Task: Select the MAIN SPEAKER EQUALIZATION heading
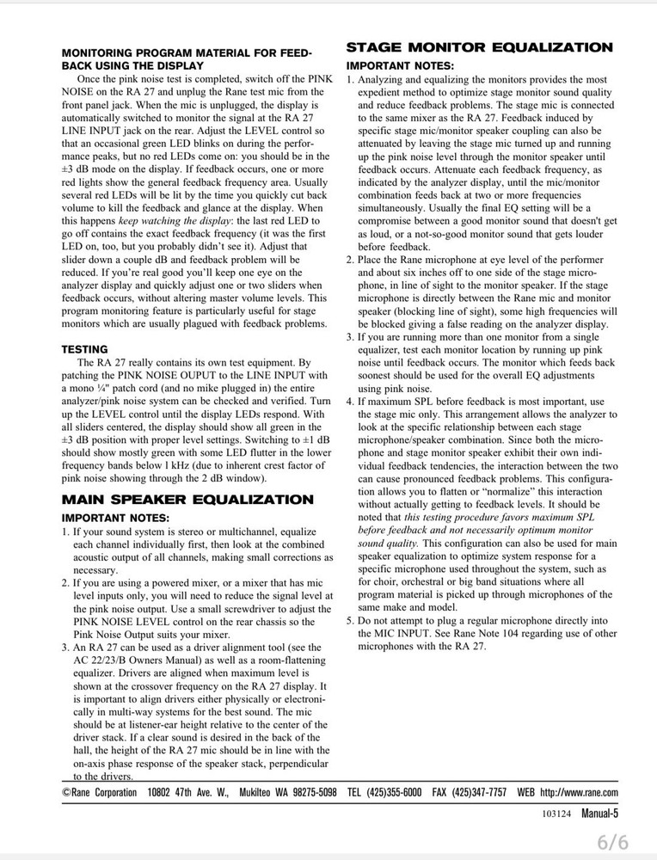pos(187,500)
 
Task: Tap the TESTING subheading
pos(84,349)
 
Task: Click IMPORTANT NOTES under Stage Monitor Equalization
pos(400,66)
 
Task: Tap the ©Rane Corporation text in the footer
pos(99,792)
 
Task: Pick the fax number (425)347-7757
pos(477,792)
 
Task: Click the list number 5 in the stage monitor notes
pos(350,621)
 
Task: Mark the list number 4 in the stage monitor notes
pos(350,402)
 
